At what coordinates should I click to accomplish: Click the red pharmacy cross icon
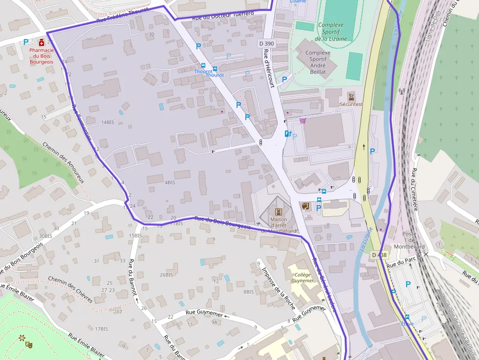point(42,42)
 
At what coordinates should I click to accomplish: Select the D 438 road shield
point(379,255)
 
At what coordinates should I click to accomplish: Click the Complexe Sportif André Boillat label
point(318,62)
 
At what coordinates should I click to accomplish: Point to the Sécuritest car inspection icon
point(351,96)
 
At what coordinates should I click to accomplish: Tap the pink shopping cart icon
point(303,120)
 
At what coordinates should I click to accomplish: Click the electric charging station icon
point(287,133)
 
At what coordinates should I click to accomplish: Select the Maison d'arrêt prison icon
point(278,212)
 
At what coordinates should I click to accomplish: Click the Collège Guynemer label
point(303,278)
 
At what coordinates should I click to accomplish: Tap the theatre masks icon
point(29,344)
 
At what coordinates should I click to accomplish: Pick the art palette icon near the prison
point(305,206)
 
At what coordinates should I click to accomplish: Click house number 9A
point(214,322)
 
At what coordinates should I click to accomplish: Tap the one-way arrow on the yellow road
point(364,146)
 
